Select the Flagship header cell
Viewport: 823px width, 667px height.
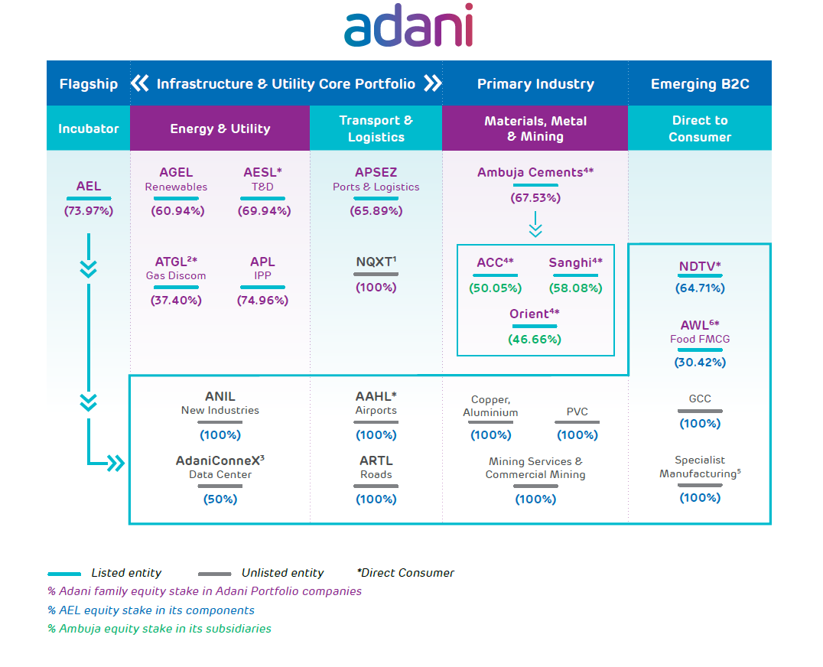click(88, 84)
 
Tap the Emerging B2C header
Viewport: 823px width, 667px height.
click(699, 84)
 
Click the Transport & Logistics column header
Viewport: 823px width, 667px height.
click(376, 129)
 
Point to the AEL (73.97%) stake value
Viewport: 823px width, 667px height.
click(88, 210)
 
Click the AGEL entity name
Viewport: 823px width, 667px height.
click(176, 173)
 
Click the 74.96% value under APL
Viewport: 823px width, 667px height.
click(263, 301)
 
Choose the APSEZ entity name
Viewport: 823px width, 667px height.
click(376, 173)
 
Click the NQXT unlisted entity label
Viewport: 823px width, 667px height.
click(375, 262)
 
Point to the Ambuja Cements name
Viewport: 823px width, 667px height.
click(530, 173)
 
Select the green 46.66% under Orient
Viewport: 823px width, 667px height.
click(535, 339)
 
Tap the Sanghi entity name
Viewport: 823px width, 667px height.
click(571, 263)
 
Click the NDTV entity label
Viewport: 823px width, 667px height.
click(697, 267)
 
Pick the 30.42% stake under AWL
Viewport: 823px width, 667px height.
click(700, 363)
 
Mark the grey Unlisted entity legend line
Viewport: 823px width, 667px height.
click(214, 574)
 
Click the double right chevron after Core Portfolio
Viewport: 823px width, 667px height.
click(432, 83)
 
